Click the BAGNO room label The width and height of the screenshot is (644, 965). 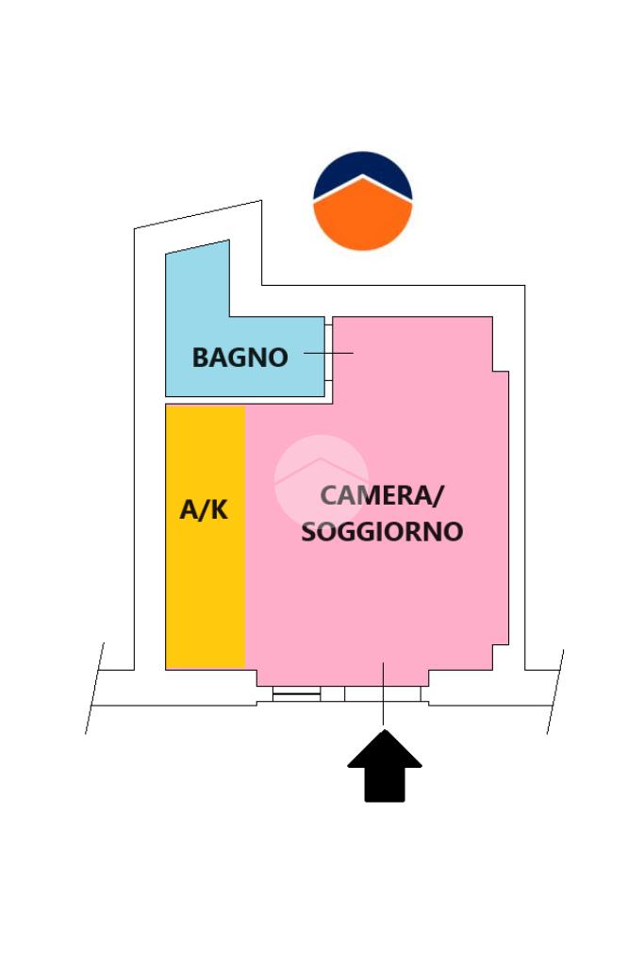point(239,358)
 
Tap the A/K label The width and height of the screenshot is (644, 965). point(204,510)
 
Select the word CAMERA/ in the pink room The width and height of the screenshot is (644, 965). point(381,494)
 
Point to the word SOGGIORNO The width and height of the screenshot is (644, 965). point(382,532)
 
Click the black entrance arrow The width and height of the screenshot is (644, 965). point(385,767)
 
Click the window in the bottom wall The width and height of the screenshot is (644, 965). point(296,694)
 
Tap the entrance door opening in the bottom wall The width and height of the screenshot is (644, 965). point(383,694)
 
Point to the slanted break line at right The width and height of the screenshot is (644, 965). point(555,691)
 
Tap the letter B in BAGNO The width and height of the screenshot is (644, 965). point(200,358)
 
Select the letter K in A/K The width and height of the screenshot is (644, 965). point(218,510)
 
